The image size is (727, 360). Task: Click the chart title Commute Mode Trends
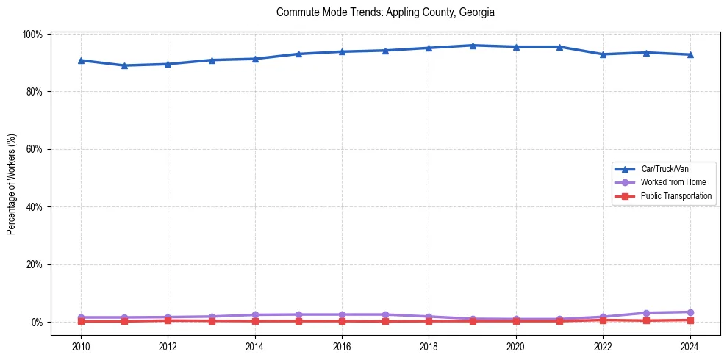(x=385, y=12)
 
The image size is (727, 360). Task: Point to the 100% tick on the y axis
(x=35, y=35)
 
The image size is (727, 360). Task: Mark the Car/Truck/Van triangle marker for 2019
(x=473, y=46)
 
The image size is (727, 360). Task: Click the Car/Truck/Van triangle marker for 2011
(x=124, y=65)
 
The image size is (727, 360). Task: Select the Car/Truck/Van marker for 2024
(x=690, y=54)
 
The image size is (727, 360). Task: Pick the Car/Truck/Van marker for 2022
(x=603, y=54)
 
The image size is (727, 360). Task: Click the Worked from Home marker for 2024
(x=690, y=312)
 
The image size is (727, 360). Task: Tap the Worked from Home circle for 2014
(x=255, y=314)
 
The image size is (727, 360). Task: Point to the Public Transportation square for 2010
(x=81, y=321)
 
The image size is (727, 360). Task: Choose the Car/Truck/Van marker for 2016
(x=342, y=51)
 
